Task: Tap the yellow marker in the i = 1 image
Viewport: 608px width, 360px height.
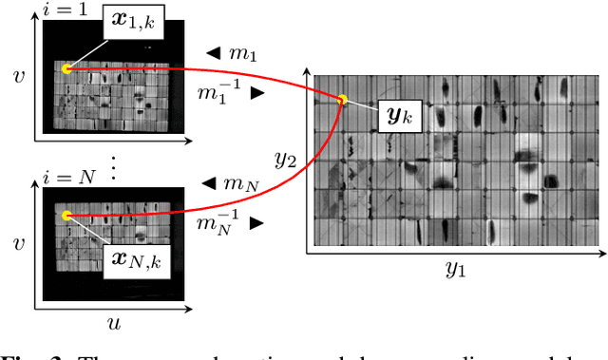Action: (x=66, y=68)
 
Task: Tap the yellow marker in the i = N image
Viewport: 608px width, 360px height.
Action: (x=66, y=217)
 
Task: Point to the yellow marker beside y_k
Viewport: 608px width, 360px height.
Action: (x=342, y=100)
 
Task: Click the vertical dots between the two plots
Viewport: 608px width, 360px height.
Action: (x=115, y=168)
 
